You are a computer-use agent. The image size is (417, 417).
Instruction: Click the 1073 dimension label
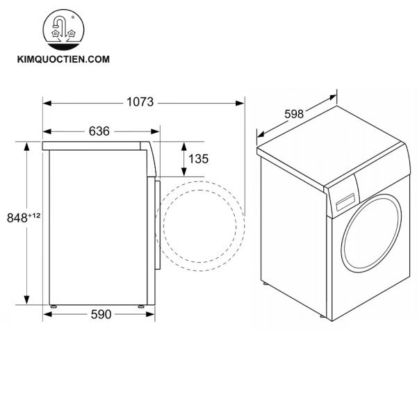pyautogui.click(x=140, y=102)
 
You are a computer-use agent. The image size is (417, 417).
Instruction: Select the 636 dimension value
pyautogui.click(x=99, y=131)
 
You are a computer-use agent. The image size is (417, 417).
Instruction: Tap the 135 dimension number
pyautogui.click(x=198, y=159)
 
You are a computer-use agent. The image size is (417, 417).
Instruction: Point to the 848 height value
pyautogui.click(x=17, y=218)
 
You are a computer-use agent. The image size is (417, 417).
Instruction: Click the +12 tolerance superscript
pyautogui.click(x=34, y=215)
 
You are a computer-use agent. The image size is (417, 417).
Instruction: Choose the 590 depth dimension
pyautogui.click(x=101, y=315)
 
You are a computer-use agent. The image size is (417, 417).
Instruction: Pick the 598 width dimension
pyautogui.click(x=294, y=114)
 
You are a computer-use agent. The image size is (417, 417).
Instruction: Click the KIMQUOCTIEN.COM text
pyautogui.click(x=63, y=59)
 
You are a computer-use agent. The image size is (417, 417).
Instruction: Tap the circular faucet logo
pyautogui.click(x=63, y=30)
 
